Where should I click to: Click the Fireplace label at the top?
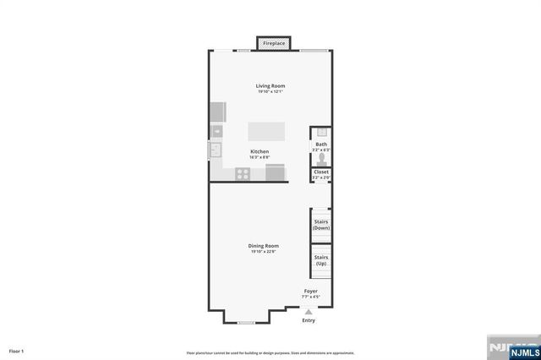pos(273,42)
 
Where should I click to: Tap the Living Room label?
pos(270,85)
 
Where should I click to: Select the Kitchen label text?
pos(260,151)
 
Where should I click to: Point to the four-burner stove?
pos(243,174)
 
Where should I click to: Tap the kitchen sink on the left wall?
pos(216,150)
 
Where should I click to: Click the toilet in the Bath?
pos(321,157)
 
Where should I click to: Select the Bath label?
pos(321,145)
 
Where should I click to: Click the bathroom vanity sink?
pos(321,133)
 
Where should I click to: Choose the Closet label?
pos(321,172)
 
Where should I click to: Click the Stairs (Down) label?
pos(321,226)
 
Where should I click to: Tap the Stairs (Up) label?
pos(321,260)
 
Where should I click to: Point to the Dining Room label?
pos(263,246)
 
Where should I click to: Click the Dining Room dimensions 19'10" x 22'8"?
pos(263,252)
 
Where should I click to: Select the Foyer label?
pos(311,291)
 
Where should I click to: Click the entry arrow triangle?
pos(308,311)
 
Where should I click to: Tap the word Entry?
pos(309,320)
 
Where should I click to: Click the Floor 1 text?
pos(17,350)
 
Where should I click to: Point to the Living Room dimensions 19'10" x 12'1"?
pos(270,91)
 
